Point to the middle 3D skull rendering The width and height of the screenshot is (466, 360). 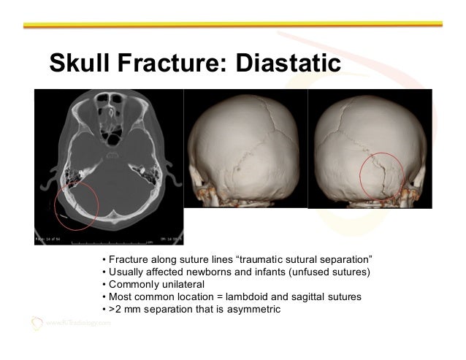pyautogui.click(x=245, y=149)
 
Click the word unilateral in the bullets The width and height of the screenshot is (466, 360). pyautogui.click(x=180, y=285)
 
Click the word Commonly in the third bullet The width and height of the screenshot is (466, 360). pyautogui.click(x=134, y=285)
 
